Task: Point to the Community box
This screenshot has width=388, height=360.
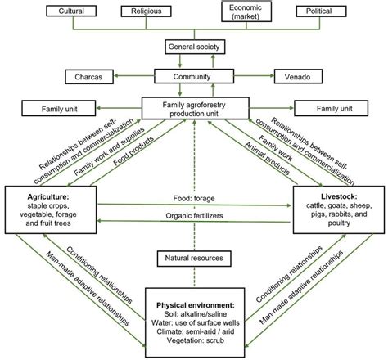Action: [194, 78]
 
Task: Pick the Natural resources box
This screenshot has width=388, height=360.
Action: [194, 258]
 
